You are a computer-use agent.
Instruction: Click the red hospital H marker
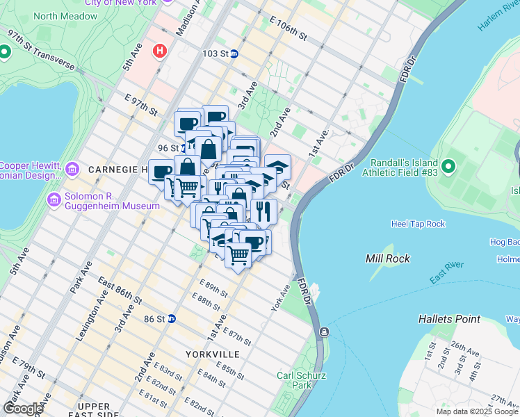161,51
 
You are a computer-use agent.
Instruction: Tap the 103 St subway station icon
234,54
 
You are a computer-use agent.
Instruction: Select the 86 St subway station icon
171,318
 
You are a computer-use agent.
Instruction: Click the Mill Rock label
388,259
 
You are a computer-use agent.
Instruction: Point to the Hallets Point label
449,319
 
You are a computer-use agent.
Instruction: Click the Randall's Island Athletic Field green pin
448,166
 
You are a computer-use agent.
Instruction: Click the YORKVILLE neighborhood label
213,354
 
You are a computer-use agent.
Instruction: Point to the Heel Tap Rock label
417,224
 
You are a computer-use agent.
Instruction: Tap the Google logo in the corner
23,408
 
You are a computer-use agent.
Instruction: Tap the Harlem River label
498,15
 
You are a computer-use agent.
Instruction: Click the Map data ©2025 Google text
477,411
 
